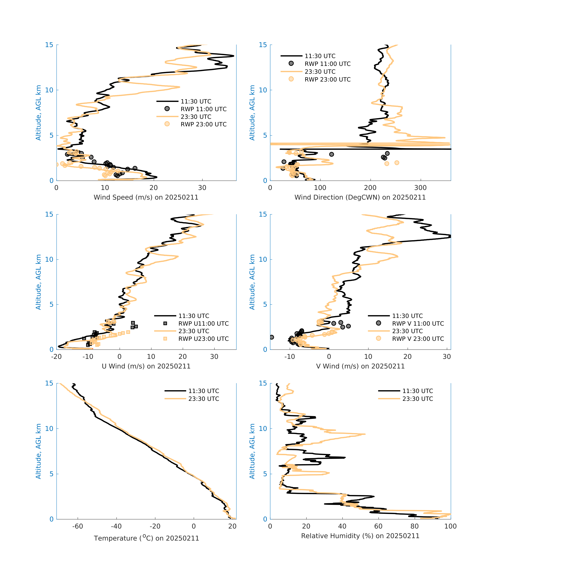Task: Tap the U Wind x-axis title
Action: point(146,366)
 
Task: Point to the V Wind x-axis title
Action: point(360,366)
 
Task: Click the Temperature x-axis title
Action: point(146,538)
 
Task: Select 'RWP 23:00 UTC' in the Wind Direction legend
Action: point(327,79)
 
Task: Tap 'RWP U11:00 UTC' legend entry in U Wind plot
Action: point(203,324)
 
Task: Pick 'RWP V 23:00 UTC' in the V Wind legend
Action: point(418,339)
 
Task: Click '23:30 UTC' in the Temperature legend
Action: point(204,399)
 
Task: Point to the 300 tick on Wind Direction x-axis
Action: point(420,188)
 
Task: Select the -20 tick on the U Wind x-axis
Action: point(56,357)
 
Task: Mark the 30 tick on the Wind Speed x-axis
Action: point(202,188)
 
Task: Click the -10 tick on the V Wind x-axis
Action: point(290,357)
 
